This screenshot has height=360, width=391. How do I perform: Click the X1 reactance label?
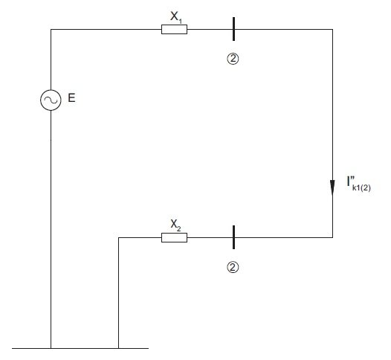click(x=176, y=17)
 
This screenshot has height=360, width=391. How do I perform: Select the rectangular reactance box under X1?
click(x=174, y=30)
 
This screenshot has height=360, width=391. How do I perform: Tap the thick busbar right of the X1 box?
click(x=233, y=29)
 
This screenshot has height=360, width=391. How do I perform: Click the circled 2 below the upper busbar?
click(x=233, y=59)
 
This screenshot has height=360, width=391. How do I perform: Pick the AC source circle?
click(x=51, y=100)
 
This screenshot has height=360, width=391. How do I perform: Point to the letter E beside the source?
click(x=71, y=97)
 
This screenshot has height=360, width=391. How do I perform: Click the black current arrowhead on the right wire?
click(x=332, y=187)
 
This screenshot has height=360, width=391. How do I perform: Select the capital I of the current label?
click(x=349, y=181)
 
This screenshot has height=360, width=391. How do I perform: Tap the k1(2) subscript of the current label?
click(x=361, y=188)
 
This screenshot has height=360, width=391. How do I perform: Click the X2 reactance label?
click(x=175, y=225)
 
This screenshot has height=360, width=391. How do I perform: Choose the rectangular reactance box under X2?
click(x=174, y=237)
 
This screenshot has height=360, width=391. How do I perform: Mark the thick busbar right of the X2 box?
click(x=233, y=237)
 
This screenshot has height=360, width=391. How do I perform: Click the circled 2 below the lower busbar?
click(x=233, y=267)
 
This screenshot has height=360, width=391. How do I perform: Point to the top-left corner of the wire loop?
click(x=51, y=30)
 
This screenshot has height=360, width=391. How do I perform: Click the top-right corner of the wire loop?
click(x=332, y=30)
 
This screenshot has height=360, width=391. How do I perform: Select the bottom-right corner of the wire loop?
click(x=332, y=237)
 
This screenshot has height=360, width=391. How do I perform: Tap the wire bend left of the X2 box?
click(x=118, y=237)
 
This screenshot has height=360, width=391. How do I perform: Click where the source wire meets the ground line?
click(x=51, y=348)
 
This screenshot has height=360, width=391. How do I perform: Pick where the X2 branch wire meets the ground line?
click(x=118, y=348)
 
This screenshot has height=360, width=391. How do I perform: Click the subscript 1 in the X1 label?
click(x=181, y=21)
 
